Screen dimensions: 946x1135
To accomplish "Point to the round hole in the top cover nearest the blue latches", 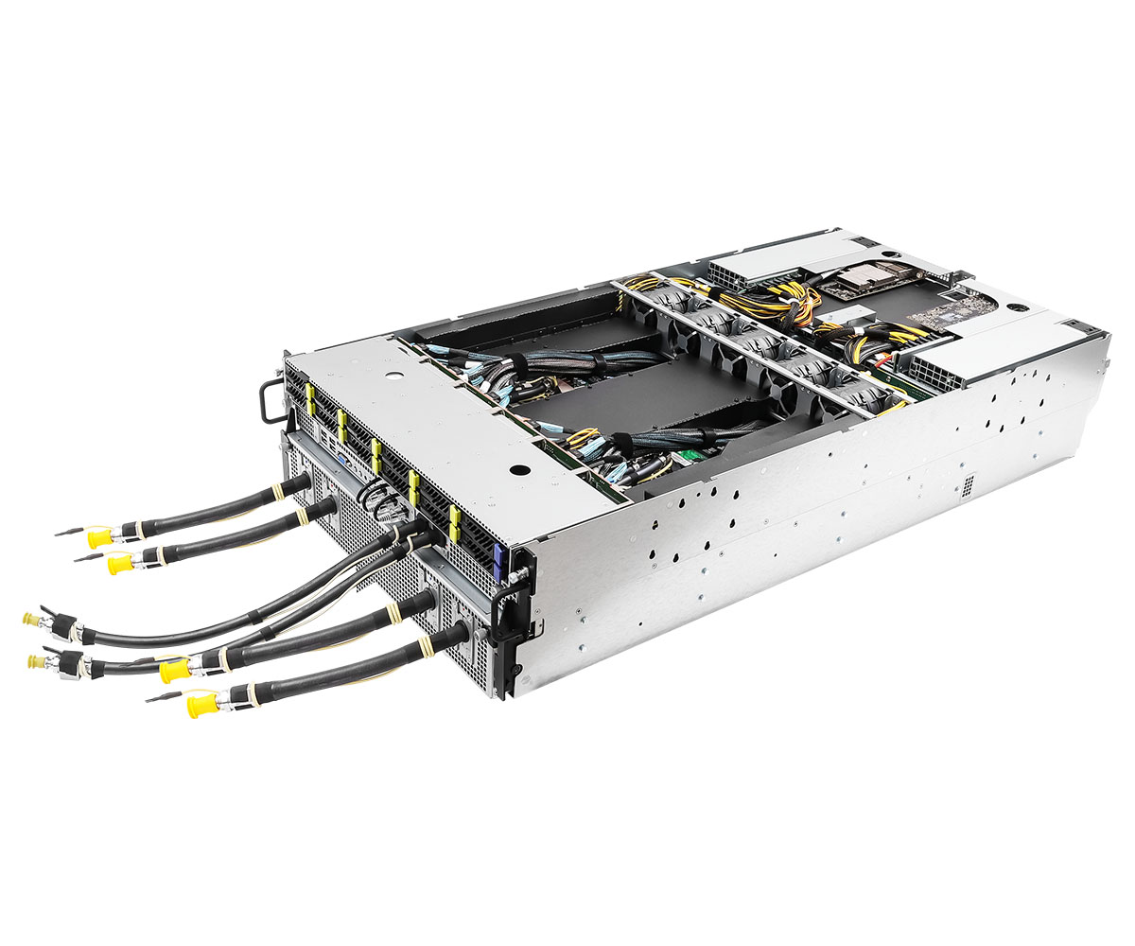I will [x=517, y=468].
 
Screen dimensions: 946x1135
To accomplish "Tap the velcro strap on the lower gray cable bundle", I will [x=622, y=442].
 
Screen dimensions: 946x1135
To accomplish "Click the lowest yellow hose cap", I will [x=201, y=705].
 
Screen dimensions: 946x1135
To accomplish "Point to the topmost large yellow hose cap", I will [x=97, y=538].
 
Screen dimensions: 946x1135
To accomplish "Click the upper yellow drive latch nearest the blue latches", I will [x=453, y=516].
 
